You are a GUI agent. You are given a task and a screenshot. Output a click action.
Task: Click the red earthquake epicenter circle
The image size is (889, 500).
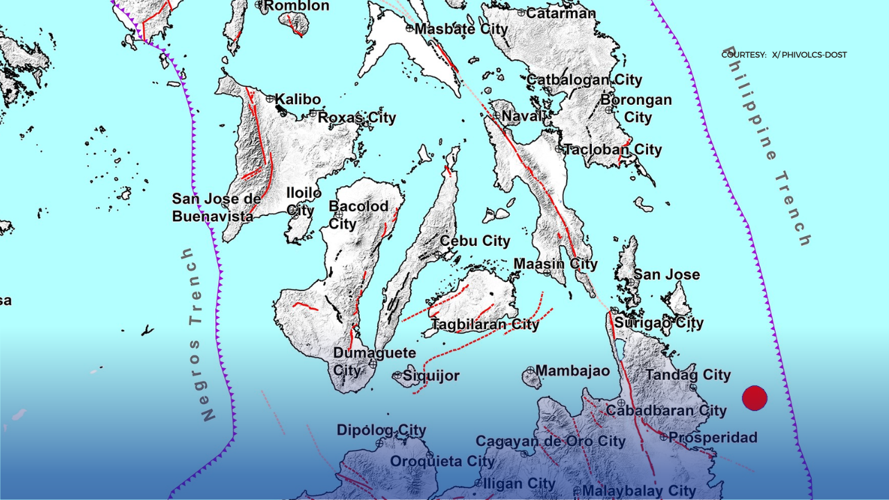click(x=754, y=398)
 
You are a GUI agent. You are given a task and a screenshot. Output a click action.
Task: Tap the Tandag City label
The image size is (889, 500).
click(x=688, y=375)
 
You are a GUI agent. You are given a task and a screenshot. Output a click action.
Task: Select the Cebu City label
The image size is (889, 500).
click(x=475, y=241)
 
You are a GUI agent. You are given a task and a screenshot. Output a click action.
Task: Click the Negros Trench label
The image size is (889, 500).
click(x=199, y=334)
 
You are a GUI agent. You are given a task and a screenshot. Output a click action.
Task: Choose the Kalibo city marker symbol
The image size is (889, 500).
click(x=270, y=99)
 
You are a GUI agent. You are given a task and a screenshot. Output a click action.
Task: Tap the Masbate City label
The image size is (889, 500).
click(x=461, y=29)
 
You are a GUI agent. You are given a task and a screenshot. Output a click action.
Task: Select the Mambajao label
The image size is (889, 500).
click(x=572, y=370)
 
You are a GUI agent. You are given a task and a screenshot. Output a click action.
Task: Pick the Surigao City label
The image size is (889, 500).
click(x=659, y=323)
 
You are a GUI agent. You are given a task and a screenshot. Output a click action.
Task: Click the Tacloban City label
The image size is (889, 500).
click(x=613, y=149)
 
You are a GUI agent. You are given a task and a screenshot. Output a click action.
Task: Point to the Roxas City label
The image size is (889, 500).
click(x=357, y=117)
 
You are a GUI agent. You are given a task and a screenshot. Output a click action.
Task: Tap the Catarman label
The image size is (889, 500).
click(x=560, y=12)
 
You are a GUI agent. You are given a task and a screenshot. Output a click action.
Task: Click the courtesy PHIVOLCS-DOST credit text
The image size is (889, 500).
click(x=783, y=55)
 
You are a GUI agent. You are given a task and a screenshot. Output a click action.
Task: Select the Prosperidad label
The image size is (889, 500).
click(x=713, y=437)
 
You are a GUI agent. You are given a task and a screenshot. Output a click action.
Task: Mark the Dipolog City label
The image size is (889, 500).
click(x=381, y=430)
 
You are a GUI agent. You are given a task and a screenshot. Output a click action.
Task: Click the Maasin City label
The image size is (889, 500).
click(x=556, y=264)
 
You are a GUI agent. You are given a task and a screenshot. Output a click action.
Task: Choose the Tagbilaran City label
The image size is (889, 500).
click(x=485, y=324)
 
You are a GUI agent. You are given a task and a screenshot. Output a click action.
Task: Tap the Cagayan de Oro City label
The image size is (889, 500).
click(x=550, y=441)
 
